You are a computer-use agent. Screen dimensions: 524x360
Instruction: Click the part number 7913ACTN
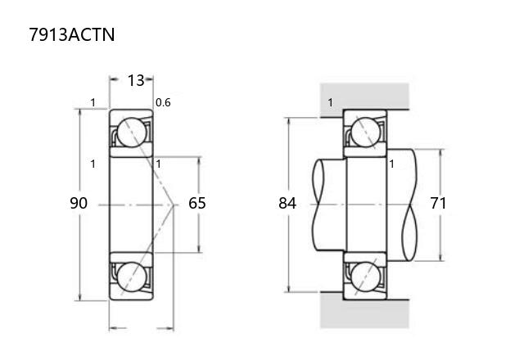[72, 34]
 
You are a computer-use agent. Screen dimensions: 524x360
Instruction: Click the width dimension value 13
[136, 80]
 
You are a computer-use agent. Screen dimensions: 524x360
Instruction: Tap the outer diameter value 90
[79, 203]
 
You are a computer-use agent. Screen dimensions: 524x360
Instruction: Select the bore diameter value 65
[197, 203]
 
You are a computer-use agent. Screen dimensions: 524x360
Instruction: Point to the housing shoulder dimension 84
[287, 203]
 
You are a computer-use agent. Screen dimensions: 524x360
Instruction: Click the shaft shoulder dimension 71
[438, 203]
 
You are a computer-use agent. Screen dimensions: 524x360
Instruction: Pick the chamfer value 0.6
[163, 102]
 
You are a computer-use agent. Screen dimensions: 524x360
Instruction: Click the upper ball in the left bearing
[132, 133]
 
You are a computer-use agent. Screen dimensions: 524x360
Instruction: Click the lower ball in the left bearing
[132, 277]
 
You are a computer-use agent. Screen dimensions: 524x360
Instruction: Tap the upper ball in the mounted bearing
[366, 133]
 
